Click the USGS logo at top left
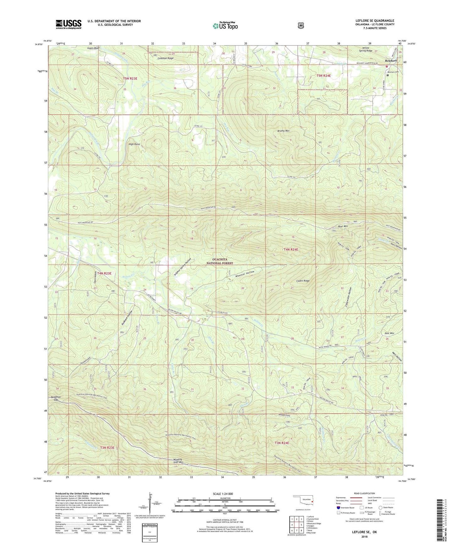(68, 24)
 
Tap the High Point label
(134, 144)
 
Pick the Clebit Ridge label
(303, 281)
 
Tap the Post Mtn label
(389, 333)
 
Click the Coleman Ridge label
(166, 58)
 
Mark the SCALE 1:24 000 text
(223, 494)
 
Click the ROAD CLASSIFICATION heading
(364, 493)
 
